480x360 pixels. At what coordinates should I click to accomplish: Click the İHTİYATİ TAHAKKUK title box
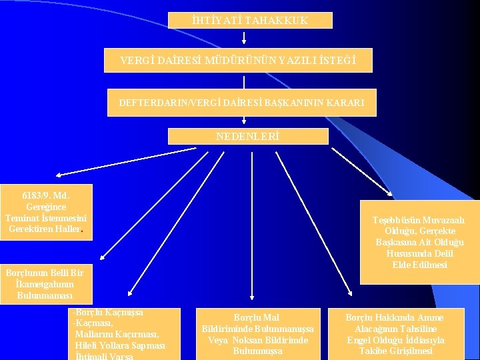pyautogui.click(x=249, y=21)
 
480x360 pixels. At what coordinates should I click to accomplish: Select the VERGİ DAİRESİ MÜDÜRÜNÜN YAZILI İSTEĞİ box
pyautogui.click(x=238, y=61)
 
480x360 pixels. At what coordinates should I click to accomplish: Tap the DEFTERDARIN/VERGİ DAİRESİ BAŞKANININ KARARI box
pyautogui.click(x=242, y=103)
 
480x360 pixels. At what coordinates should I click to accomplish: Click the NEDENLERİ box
pyautogui.click(x=248, y=136)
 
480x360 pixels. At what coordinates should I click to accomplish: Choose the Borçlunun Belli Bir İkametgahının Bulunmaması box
pyautogui.click(x=45, y=283)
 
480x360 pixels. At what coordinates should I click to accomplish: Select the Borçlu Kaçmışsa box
pyautogui.click(x=124, y=333)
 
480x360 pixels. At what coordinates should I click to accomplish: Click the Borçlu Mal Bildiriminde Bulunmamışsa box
pyautogui.click(x=258, y=334)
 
